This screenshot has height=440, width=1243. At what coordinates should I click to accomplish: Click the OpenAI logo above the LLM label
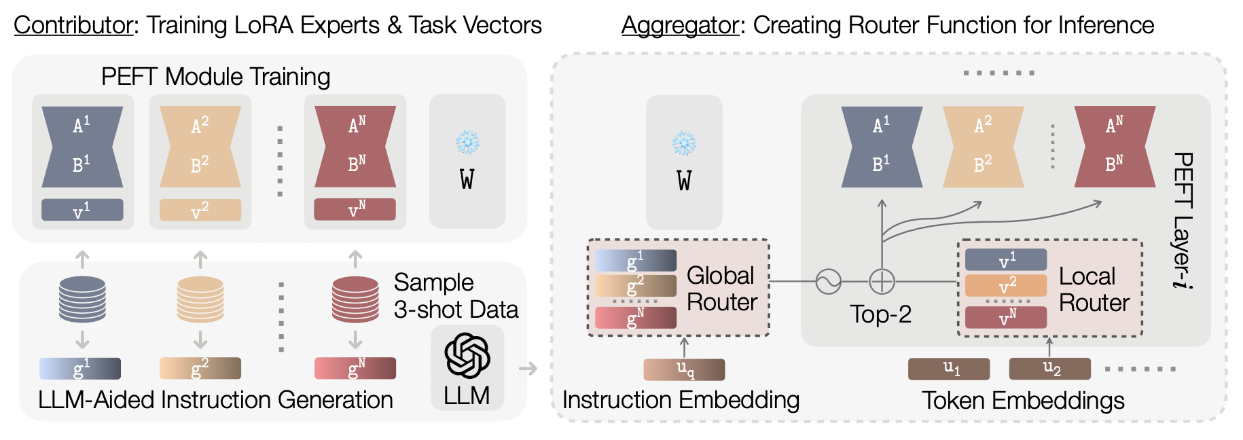tap(467, 355)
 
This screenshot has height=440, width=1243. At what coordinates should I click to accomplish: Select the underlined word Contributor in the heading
tap(73, 26)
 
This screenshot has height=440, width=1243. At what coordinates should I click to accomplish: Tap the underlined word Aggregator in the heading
tap(681, 26)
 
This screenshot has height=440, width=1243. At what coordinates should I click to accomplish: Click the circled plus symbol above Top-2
tap(882, 281)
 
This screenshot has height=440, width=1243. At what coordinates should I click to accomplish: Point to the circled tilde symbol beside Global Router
tap(829, 281)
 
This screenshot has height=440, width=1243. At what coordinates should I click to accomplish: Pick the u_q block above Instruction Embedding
tap(684, 369)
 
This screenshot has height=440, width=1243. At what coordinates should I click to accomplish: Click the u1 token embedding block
tap(949, 369)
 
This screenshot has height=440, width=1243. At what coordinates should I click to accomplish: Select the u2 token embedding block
tap(1049, 369)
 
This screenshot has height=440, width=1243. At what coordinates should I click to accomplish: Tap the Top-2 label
tap(880, 314)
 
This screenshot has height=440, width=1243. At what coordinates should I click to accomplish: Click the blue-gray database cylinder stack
tap(82, 299)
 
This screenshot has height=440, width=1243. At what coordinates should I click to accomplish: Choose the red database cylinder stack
tap(355, 299)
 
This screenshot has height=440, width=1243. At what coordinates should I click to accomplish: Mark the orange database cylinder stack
tap(200, 299)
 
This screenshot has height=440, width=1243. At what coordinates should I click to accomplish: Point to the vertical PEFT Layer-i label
tap(1183, 221)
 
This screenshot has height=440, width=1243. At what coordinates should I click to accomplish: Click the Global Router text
tap(721, 289)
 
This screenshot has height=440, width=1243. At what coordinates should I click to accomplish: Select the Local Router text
tap(1094, 289)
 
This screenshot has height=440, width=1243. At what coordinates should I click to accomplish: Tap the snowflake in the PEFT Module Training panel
tap(467, 143)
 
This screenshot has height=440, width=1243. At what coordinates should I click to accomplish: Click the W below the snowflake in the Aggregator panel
tap(684, 181)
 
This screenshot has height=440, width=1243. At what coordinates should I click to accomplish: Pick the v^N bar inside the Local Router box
tap(1006, 317)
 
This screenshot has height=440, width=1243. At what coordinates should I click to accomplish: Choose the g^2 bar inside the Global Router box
tap(636, 285)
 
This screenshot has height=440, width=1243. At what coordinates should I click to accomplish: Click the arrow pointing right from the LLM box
tap(528, 369)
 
